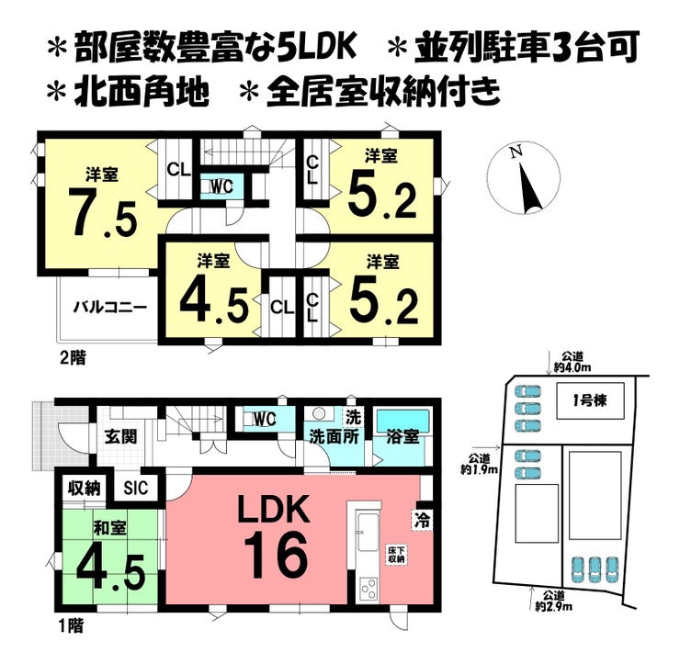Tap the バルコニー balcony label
[x=110, y=309]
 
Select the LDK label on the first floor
[x=273, y=511]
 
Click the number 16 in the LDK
[x=276, y=555]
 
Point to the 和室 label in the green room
[x=110, y=528]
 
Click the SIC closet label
[x=136, y=489]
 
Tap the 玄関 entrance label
[x=121, y=436]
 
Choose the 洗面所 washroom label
[x=334, y=437]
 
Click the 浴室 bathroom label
[x=402, y=437]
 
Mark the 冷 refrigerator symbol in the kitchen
[x=423, y=519]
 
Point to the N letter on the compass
[x=516, y=152]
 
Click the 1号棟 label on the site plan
[x=589, y=401]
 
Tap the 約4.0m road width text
[x=572, y=367]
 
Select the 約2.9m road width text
[x=553, y=606]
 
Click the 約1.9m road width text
[x=479, y=469]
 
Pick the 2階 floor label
[x=73, y=358]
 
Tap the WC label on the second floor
[x=221, y=186]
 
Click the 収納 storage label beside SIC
[x=85, y=489]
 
